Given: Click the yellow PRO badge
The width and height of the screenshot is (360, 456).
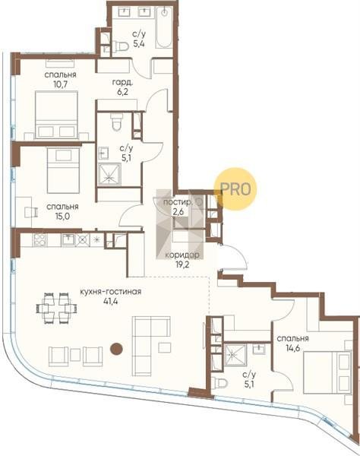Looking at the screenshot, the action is pyautogui.click(x=235, y=189).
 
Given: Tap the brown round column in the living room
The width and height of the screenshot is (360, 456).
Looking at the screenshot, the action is pyautogui.click(x=116, y=349).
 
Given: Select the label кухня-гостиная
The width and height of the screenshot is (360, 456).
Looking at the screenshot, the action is pyautogui.click(x=111, y=291).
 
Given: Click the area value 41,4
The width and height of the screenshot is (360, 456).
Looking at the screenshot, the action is pyautogui.click(x=110, y=301).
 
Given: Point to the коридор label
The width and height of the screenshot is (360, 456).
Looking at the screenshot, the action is pyautogui.click(x=182, y=255).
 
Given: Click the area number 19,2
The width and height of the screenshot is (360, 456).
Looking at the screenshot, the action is pyautogui.click(x=182, y=264).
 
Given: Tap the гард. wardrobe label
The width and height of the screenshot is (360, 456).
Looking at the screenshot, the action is pyautogui.click(x=122, y=83).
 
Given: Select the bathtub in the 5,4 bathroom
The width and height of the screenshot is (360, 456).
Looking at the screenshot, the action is pyautogui.click(x=164, y=27).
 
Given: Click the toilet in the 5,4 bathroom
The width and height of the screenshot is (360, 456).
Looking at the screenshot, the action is pyautogui.click(x=120, y=46).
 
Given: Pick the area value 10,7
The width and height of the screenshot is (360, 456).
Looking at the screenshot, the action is pyautogui.click(x=61, y=84).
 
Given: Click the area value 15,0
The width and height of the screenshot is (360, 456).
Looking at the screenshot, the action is pyautogui.click(x=62, y=217).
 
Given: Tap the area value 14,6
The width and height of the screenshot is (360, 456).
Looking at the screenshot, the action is pyautogui.click(x=292, y=348).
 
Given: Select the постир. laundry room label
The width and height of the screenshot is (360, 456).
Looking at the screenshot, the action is pyautogui.click(x=178, y=202).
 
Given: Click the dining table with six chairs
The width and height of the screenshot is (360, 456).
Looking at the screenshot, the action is pyautogui.click(x=57, y=308).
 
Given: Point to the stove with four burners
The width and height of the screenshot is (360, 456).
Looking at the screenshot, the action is pyautogui.click(x=39, y=240).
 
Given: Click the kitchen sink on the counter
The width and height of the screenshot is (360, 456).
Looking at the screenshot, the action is pyautogui.click(x=68, y=240).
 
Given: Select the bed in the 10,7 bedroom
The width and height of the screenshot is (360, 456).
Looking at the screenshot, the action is pyautogui.click(x=56, y=115).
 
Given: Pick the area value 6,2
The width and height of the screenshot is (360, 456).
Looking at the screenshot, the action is pyautogui.click(x=122, y=93).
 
